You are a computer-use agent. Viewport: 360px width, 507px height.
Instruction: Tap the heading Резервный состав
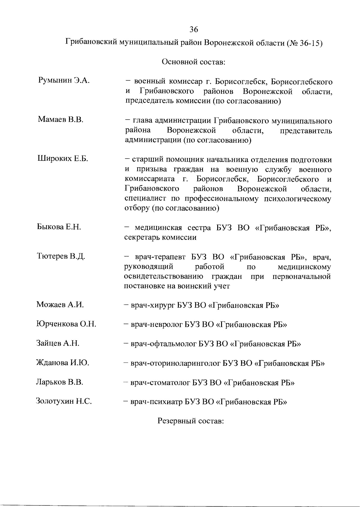[191, 421]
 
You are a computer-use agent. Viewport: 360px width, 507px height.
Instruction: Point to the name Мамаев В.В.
[60, 120]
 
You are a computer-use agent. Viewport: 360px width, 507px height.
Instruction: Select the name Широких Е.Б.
[62, 159]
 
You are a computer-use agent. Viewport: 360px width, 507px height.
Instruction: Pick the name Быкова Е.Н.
[59, 227]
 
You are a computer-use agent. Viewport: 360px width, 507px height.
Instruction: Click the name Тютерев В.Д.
[61, 256]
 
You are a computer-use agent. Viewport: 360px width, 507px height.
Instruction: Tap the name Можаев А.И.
[60, 305]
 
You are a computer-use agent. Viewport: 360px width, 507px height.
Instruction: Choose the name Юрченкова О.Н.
[66, 324]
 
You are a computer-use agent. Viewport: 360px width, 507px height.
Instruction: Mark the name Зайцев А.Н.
[58, 343]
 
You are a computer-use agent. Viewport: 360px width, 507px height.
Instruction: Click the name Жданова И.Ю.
[62, 363]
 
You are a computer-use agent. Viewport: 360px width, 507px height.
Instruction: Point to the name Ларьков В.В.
[59, 382]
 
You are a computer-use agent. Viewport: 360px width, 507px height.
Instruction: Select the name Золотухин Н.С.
[64, 401]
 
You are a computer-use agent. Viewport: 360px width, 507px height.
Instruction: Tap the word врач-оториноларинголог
[175, 364]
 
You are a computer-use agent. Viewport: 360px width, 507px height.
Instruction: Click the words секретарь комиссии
[160, 237]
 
